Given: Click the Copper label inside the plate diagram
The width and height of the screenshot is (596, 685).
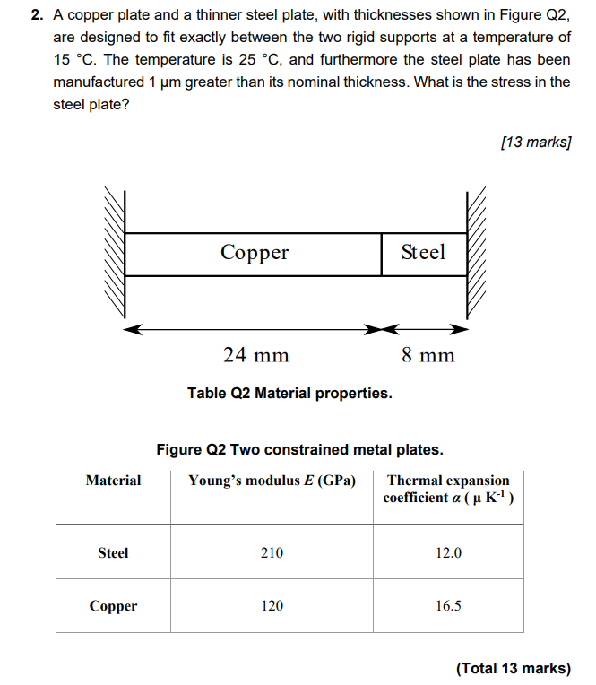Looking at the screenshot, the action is [255, 253].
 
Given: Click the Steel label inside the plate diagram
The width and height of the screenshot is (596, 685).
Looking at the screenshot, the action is [422, 253].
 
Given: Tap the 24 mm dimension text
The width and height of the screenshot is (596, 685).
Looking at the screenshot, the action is [255, 355].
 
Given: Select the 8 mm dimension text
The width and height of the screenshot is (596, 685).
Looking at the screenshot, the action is [428, 355].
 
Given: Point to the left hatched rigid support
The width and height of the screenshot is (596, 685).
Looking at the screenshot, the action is [115, 254].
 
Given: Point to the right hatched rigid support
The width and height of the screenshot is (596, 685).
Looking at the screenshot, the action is [475, 254].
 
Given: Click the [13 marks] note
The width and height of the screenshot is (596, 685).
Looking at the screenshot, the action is [536, 142].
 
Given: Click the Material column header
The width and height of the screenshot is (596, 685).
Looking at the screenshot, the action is [113, 481].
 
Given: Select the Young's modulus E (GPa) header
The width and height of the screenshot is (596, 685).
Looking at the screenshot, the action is [272, 481].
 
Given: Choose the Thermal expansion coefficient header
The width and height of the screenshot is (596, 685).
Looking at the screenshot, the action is [447, 489].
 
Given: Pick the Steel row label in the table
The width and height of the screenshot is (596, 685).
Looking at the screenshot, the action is [113, 552].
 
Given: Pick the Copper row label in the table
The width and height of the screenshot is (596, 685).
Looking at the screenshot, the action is [113, 606].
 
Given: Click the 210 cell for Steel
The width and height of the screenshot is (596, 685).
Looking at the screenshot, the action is [272, 552].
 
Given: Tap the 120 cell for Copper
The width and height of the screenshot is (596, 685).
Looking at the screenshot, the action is [272, 606].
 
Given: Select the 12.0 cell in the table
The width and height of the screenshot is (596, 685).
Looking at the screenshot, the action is [448, 552].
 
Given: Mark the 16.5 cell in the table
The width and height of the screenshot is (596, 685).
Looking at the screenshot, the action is [448, 606].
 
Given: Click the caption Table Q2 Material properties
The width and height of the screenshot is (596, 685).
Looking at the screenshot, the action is [289, 393].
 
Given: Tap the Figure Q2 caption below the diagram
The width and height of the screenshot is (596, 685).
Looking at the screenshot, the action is [299, 449].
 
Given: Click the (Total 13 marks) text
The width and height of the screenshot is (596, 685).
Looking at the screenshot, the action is [513, 668].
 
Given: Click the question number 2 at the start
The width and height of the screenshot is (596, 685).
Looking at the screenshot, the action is [35, 15].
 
